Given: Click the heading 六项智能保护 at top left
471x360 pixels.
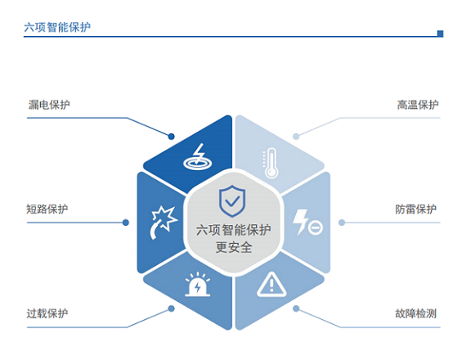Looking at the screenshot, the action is (x=57, y=27).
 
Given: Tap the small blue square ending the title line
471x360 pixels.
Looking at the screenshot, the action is (x=441, y=34).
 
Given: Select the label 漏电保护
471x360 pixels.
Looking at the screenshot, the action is (x=49, y=105).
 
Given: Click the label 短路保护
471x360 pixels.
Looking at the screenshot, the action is (x=47, y=209).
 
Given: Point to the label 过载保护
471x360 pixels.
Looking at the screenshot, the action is (x=47, y=313).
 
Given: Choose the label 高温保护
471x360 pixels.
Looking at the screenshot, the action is (x=418, y=105).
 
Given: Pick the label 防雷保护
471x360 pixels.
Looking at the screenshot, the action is (x=416, y=209).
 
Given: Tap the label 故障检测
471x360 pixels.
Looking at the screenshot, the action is (x=416, y=313).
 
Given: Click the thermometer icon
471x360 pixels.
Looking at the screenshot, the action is (x=271, y=163).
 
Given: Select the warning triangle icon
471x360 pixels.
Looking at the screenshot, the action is (x=271, y=285).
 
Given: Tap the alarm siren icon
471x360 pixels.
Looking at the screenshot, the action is (x=197, y=284).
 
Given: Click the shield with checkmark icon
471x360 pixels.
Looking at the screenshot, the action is (x=232, y=200).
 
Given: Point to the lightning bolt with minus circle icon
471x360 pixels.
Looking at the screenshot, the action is (x=307, y=223).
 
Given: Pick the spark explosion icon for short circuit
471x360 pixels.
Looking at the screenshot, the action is (x=164, y=223).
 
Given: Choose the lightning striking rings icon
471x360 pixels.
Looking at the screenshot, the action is (x=198, y=156).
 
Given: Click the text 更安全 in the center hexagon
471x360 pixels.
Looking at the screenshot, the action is (x=234, y=247).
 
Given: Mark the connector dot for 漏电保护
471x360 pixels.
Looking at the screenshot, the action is (x=171, y=137).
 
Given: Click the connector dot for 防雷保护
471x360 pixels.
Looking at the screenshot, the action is (x=342, y=223).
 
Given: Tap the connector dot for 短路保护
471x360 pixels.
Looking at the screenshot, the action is (x=126, y=223).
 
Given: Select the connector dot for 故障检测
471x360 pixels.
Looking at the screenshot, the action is (x=296, y=308).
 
